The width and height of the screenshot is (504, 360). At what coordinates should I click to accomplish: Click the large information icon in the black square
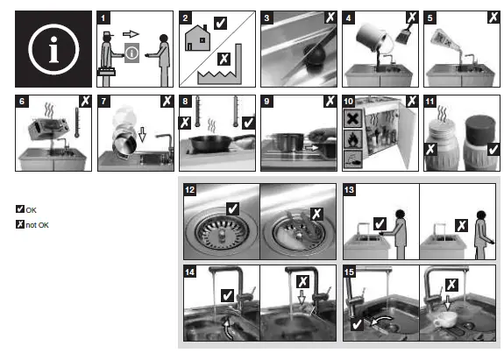point(53,49)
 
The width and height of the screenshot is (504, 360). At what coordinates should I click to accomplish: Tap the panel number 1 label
point(103,18)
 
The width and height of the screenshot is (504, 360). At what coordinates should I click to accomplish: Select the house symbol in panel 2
point(198,38)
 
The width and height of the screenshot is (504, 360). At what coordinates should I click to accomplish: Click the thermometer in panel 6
point(77,123)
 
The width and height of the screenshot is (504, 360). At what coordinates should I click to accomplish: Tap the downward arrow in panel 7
point(142,134)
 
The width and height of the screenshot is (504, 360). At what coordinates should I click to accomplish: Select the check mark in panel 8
point(248,123)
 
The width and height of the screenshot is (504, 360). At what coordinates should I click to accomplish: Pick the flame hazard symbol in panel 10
point(352,139)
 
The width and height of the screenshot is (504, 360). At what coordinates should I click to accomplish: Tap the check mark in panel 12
point(232,208)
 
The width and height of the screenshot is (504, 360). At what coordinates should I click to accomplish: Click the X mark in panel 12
point(316,214)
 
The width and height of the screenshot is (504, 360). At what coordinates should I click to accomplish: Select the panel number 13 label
point(349,190)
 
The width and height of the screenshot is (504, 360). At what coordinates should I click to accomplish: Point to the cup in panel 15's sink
point(445,319)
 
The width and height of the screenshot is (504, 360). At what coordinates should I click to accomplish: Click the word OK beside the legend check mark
point(32,210)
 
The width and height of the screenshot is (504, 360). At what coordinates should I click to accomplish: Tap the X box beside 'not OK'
point(20,224)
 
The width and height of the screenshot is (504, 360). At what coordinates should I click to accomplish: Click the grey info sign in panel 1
point(131,53)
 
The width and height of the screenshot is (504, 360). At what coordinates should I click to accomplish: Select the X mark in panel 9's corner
point(330,101)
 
